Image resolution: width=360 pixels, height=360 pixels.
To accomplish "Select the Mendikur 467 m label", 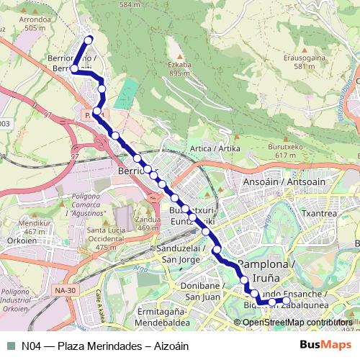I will click(36, 228).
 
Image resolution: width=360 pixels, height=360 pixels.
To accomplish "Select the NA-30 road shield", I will click(65, 290).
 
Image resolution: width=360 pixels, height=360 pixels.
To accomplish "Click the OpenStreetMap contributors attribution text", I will click(297, 322).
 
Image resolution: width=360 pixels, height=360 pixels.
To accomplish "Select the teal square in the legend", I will click(11, 345).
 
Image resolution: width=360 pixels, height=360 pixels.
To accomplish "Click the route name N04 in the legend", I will click(30, 346).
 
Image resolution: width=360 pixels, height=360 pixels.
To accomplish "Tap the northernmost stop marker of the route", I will click(89, 40).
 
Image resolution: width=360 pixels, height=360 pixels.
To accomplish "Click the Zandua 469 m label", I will click(147, 223).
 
